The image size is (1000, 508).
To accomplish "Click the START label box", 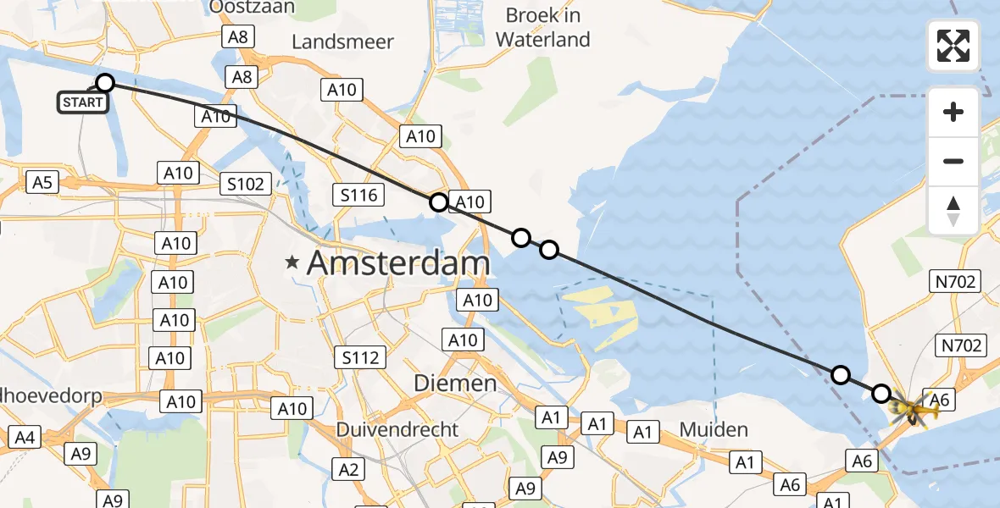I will pyautogui.click(x=83, y=103).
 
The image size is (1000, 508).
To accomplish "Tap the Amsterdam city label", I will pyautogui.click(x=398, y=263).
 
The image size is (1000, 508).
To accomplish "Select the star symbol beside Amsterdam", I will pyautogui.click(x=292, y=263).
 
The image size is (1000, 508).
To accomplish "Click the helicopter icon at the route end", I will pyautogui.click(x=912, y=412).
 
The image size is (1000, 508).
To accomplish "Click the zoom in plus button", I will pyautogui.click(x=953, y=113).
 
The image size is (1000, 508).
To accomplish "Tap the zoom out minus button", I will pyautogui.click(x=953, y=161).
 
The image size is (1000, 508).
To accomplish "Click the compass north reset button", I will pyautogui.click(x=953, y=210).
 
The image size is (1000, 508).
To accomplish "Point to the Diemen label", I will pyautogui.click(x=454, y=384).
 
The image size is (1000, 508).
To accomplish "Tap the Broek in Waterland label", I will pyautogui.click(x=542, y=27).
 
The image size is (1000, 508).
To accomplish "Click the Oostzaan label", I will pyautogui.click(x=253, y=8).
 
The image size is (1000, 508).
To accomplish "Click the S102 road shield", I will pyautogui.click(x=246, y=184).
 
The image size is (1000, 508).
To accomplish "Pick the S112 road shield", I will pyautogui.click(x=360, y=357).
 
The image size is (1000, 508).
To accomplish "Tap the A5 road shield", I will pyautogui.click(x=42, y=181).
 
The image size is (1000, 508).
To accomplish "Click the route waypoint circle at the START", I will pyautogui.click(x=105, y=83).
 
